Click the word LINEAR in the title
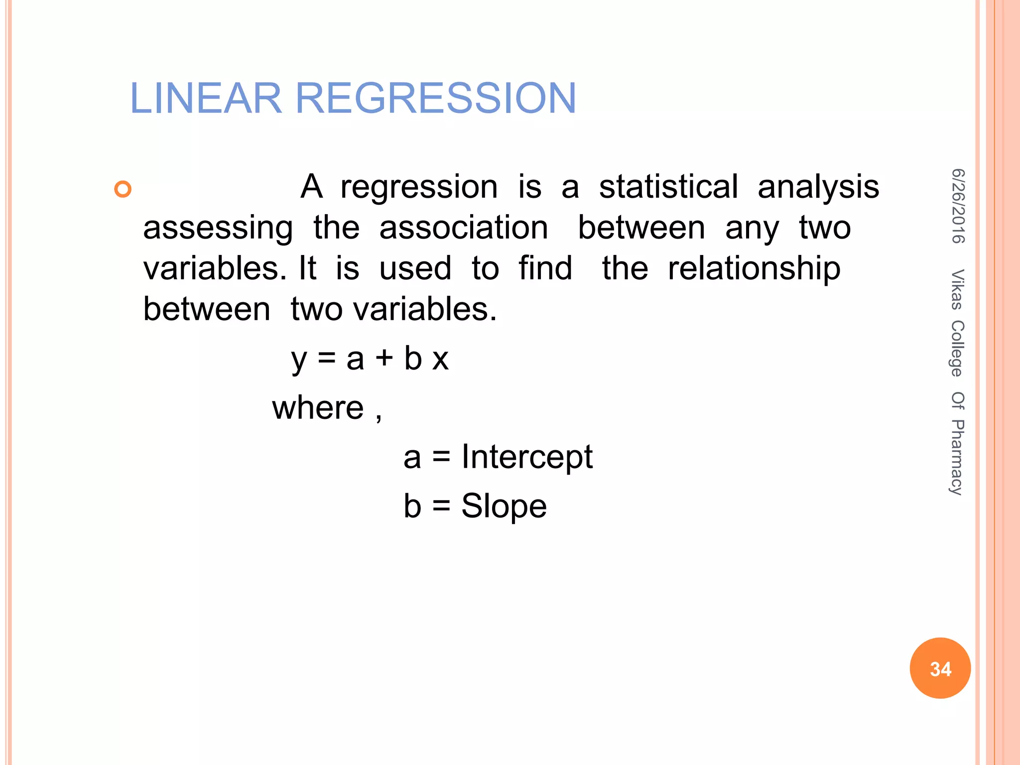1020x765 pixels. click(206, 98)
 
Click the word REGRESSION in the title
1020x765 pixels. click(436, 98)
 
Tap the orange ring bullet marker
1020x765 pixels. click(123, 189)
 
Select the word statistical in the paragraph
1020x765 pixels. click(668, 187)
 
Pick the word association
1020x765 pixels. click(464, 228)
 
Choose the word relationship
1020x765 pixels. click(754, 269)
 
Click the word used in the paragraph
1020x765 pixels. click(415, 268)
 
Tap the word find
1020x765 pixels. click(545, 268)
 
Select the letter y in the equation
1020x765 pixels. click(299, 360)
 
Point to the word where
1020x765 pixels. click(318, 408)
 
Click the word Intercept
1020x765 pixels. click(527, 457)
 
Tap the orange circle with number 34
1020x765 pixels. click(940, 668)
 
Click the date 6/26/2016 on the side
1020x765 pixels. click(958, 206)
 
